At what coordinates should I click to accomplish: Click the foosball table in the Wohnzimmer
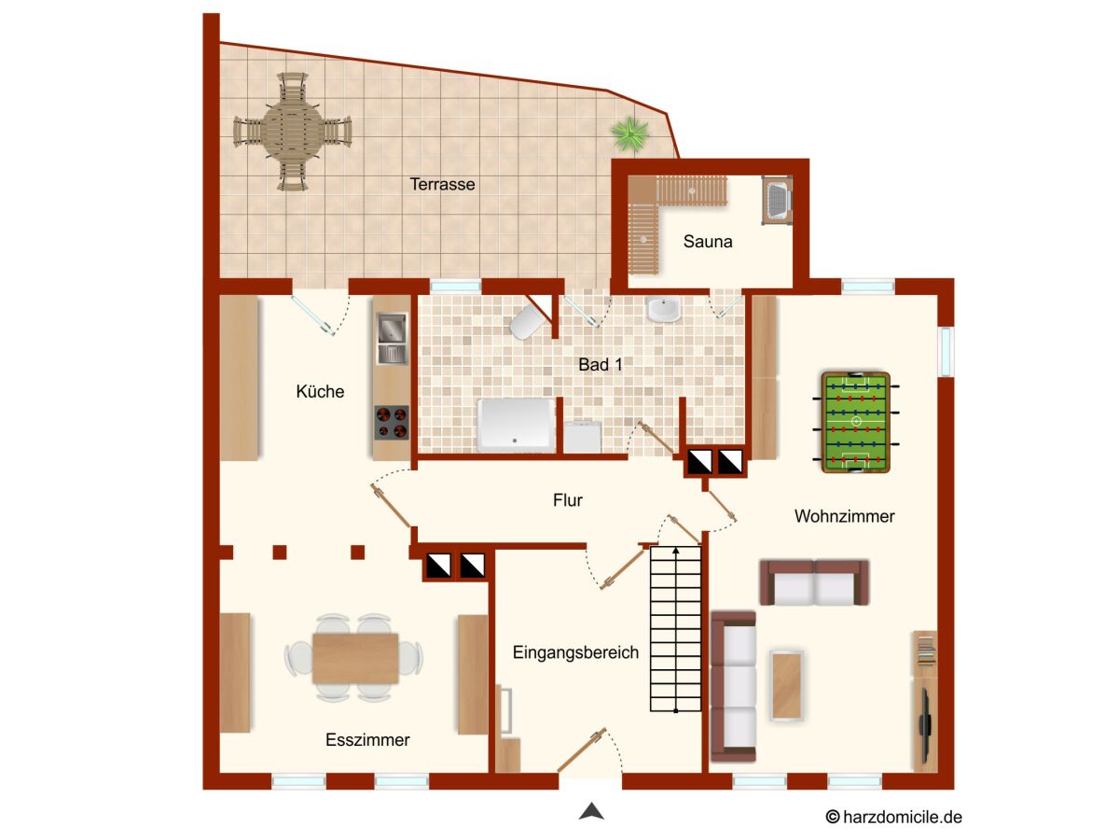[x=856, y=422]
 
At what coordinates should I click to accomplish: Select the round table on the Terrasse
[x=292, y=133]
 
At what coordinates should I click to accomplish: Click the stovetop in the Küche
[x=392, y=422]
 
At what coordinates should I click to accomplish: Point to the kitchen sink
[x=392, y=339]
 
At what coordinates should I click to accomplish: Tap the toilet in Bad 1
[x=528, y=322]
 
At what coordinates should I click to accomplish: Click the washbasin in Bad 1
[x=663, y=310]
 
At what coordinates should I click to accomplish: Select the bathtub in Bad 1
[x=516, y=426]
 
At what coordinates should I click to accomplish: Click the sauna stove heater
[x=777, y=201]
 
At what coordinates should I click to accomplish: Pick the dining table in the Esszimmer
[x=355, y=658]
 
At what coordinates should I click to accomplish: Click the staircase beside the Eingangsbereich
[x=675, y=628]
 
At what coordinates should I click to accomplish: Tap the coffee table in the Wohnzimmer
[x=787, y=685]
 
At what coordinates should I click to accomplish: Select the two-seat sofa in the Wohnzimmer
[x=814, y=582]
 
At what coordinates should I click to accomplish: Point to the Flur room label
[x=567, y=500]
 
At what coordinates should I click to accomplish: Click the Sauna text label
[x=708, y=241]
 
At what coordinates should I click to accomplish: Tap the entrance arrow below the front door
[x=591, y=810]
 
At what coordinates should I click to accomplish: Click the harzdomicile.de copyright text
[x=893, y=817]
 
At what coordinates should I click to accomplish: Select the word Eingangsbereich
[x=575, y=652]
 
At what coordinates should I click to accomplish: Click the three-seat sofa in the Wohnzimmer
[x=734, y=687]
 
